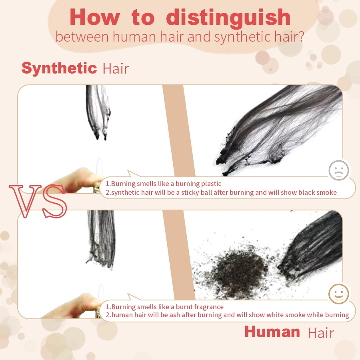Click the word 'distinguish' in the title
click(228, 18)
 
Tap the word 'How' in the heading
click(94, 18)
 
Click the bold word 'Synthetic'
click(59, 68)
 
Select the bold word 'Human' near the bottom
click(272, 332)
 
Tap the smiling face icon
click(338, 295)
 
